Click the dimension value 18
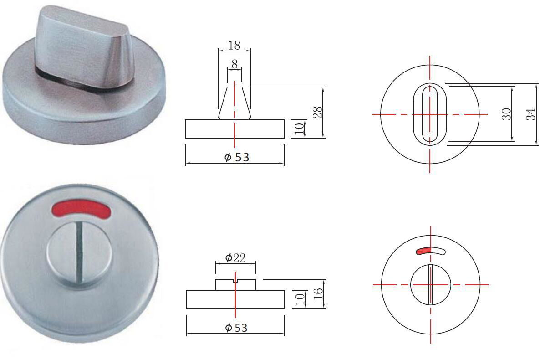[x=234, y=45]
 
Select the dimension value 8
[x=234, y=65]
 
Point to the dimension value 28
[x=318, y=112]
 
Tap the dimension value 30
[x=507, y=113]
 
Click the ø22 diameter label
[x=235, y=258]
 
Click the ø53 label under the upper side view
[x=237, y=157]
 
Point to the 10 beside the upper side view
[x=299, y=129]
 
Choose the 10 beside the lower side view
[x=299, y=299]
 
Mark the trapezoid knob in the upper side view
[x=234, y=102]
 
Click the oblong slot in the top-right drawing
[x=429, y=113]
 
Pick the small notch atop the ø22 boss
[x=235, y=280]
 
